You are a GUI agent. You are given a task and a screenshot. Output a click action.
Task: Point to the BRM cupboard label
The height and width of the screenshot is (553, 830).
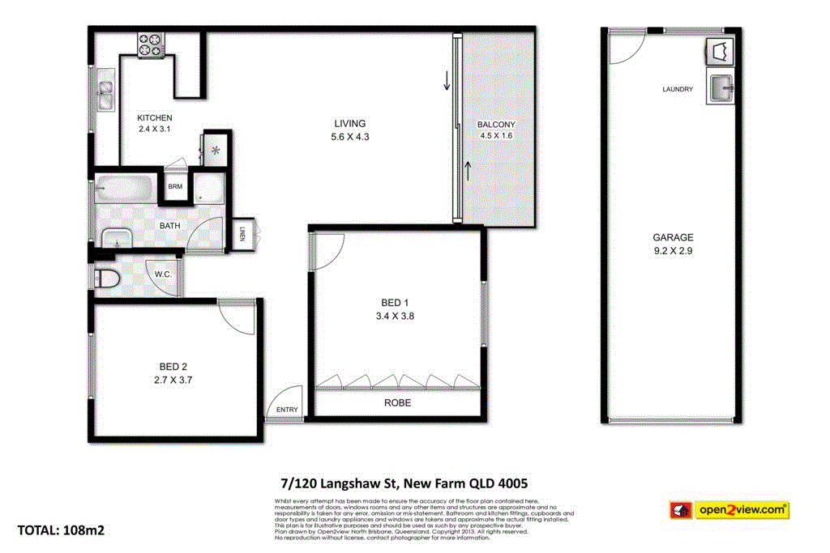[175, 187]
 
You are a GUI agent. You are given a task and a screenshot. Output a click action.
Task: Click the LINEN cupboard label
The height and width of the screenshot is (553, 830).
[242, 235]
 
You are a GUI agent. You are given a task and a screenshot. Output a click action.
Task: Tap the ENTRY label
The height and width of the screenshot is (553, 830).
[287, 410]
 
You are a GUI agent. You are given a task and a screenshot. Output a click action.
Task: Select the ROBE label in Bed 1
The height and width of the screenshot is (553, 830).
[397, 402]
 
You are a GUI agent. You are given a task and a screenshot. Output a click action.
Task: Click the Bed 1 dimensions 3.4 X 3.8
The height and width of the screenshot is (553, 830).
[396, 317]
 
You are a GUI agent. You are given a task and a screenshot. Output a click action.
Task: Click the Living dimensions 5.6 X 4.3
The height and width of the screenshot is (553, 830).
[350, 137]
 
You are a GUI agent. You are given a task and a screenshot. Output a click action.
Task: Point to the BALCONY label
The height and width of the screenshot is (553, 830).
[496, 125]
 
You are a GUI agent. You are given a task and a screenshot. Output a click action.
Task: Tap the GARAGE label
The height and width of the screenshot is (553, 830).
[673, 237]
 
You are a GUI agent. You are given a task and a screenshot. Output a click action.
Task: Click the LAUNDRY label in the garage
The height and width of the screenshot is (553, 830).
[678, 89]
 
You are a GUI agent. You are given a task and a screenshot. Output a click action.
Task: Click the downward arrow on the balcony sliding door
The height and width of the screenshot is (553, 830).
[445, 81]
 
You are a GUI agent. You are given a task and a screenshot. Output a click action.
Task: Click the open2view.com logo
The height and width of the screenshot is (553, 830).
[729, 510]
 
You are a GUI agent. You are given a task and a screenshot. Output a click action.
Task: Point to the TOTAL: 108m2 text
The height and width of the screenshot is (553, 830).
[61, 531]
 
